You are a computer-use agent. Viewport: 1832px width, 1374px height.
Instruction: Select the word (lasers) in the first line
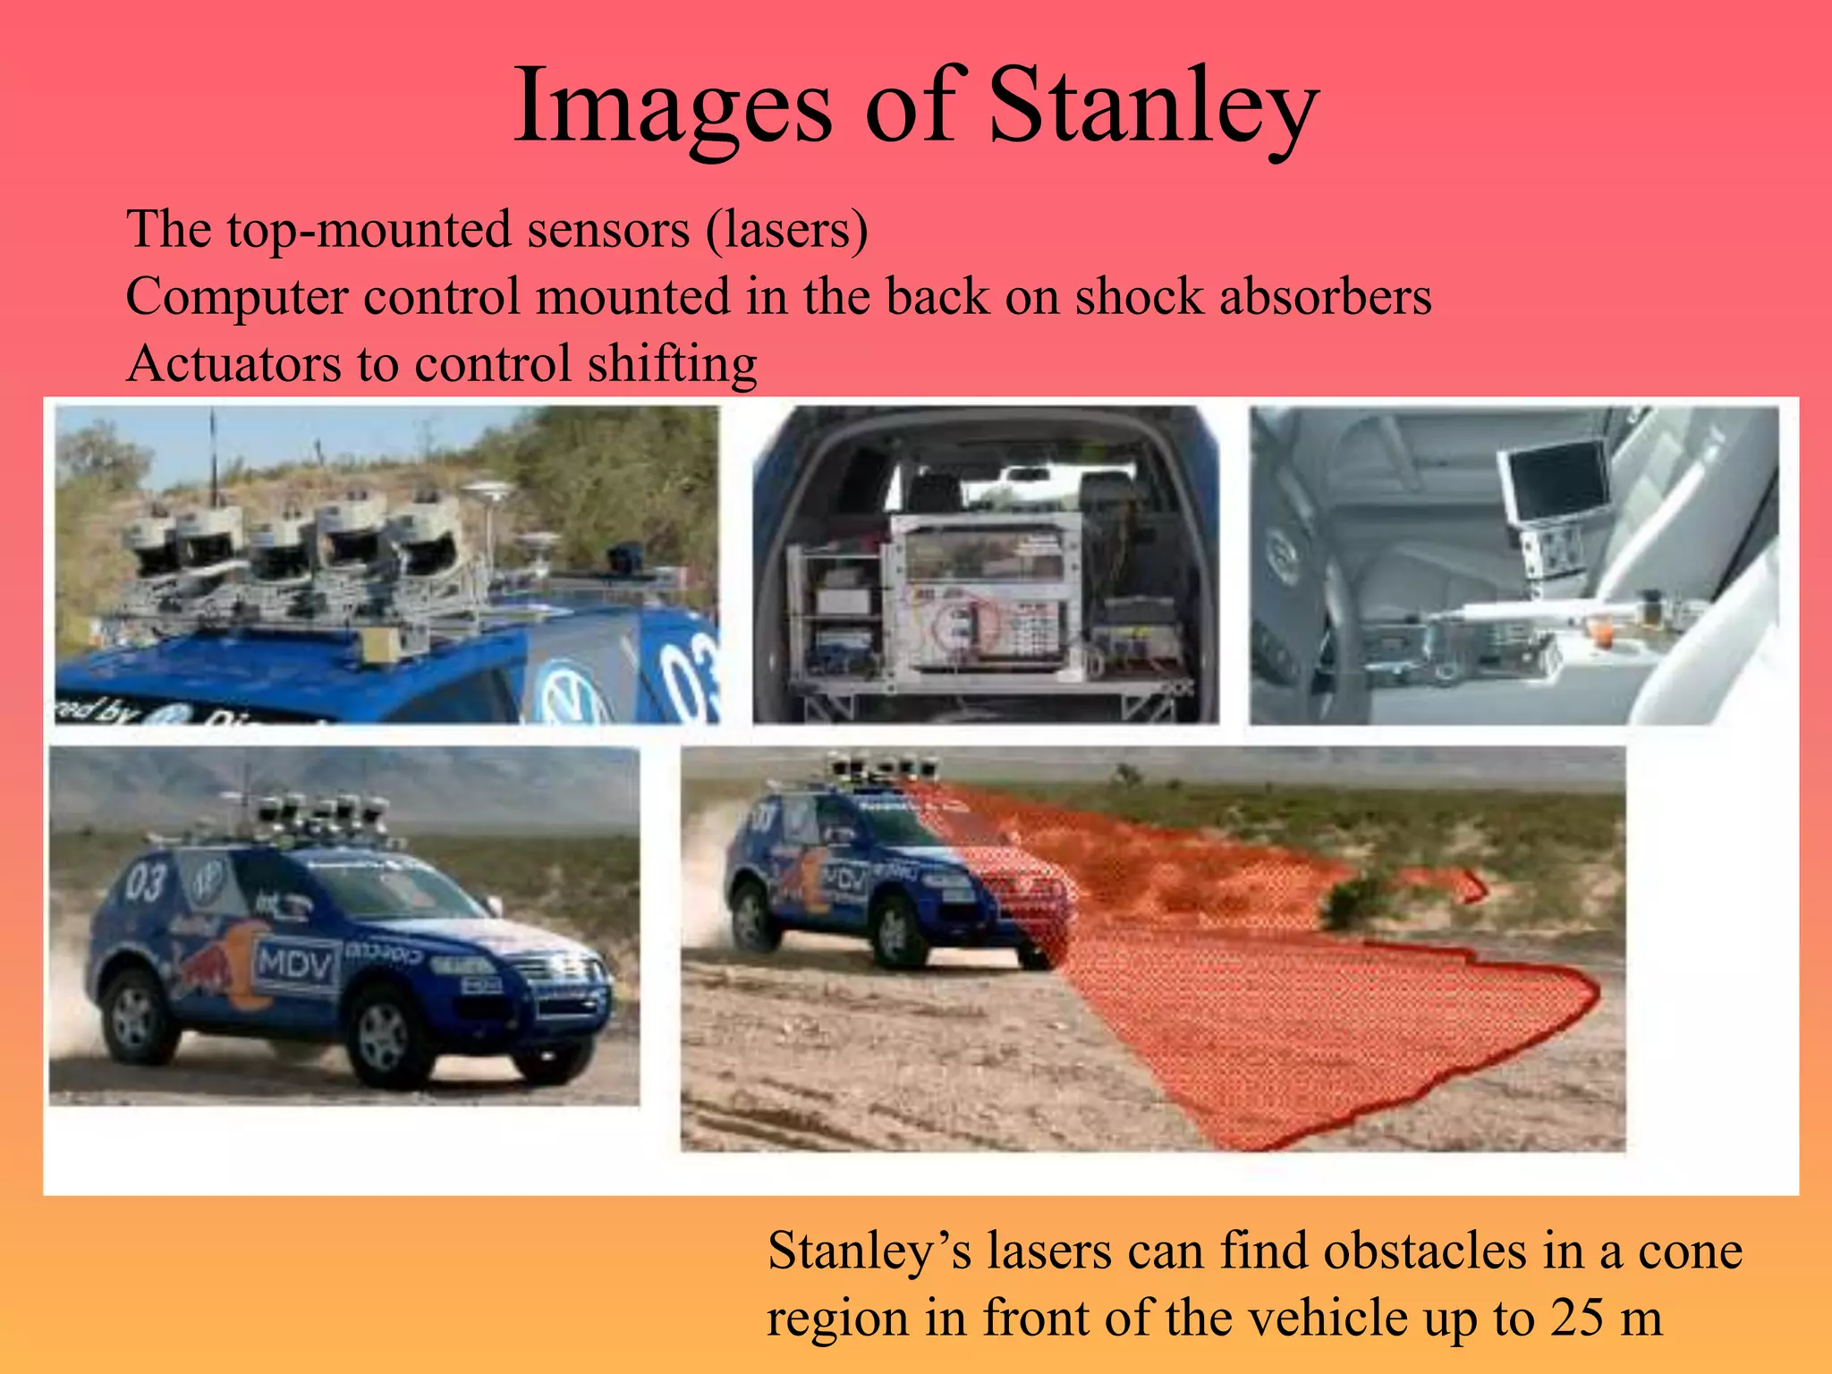787,230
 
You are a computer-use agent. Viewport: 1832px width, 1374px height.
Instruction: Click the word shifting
672,364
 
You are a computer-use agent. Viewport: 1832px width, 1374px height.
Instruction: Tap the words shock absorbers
1252,297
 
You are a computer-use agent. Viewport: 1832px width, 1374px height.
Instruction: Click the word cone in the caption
1690,1251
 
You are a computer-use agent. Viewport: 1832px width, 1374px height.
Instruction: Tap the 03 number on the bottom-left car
145,881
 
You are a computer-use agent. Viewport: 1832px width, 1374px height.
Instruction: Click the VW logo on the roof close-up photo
571,693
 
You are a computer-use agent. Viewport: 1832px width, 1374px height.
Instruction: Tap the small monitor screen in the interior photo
1556,483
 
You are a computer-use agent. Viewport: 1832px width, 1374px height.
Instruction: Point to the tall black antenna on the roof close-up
213,456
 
